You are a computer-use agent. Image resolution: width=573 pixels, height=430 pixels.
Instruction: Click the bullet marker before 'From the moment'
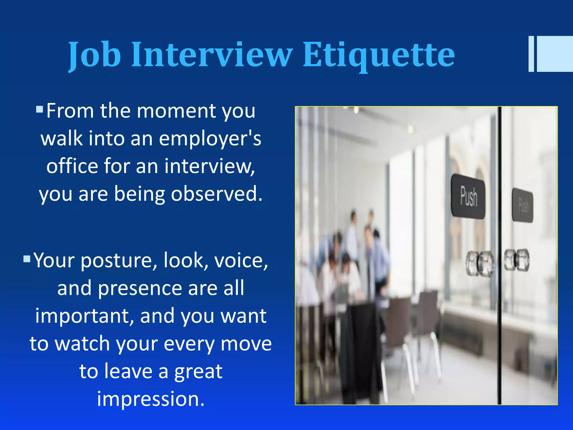pos(39,109)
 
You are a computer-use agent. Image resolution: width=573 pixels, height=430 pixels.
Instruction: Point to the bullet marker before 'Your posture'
pos(27,258)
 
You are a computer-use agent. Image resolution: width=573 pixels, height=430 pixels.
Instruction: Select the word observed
pos(217,194)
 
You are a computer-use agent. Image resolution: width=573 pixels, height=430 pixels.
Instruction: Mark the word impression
pos(151,399)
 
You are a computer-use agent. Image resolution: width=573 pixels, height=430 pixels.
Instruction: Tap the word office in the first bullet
pos(72,166)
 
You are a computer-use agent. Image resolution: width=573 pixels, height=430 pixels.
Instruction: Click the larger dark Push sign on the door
pos(468,196)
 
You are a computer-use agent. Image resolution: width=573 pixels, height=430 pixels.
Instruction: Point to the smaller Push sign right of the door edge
pos(522,205)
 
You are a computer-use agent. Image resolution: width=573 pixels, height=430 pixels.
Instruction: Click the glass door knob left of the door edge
pos(480,263)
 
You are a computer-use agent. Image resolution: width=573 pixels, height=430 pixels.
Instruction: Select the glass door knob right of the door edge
pos(516,260)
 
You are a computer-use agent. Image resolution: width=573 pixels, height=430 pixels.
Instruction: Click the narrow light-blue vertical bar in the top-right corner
pos(531,54)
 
